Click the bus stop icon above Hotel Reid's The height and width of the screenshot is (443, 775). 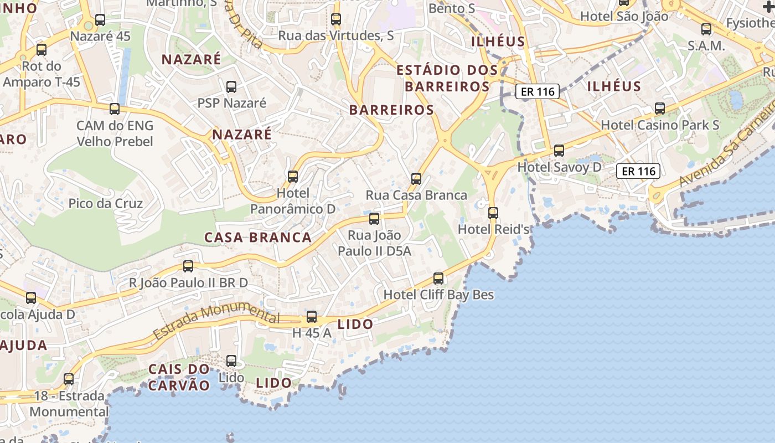click(493, 213)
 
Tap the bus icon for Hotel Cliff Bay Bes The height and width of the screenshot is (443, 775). click(438, 278)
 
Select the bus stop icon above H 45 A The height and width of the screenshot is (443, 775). click(312, 317)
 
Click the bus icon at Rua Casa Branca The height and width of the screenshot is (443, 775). click(416, 179)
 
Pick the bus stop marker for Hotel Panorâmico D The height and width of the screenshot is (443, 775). click(293, 177)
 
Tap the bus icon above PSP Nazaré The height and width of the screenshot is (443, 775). click(231, 87)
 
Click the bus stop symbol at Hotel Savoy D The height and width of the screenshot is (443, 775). click(559, 151)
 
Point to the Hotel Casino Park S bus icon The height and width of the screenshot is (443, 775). click(660, 109)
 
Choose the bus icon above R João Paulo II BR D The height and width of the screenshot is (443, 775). click(188, 266)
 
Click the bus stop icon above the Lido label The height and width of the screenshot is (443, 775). click(231, 361)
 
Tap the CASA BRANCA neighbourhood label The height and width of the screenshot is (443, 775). click(258, 238)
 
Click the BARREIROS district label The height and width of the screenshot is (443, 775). click(391, 110)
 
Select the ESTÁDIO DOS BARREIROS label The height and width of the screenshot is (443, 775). click(447, 78)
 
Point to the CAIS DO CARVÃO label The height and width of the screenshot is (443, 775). click(179, 377)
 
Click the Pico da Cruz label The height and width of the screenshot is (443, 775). click(105, 203)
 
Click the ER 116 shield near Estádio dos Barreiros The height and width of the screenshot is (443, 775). click(538, 92)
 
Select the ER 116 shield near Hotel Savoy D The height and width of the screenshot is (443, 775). click(638, 171)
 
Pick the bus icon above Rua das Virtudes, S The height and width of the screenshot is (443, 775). click(336, 19)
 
